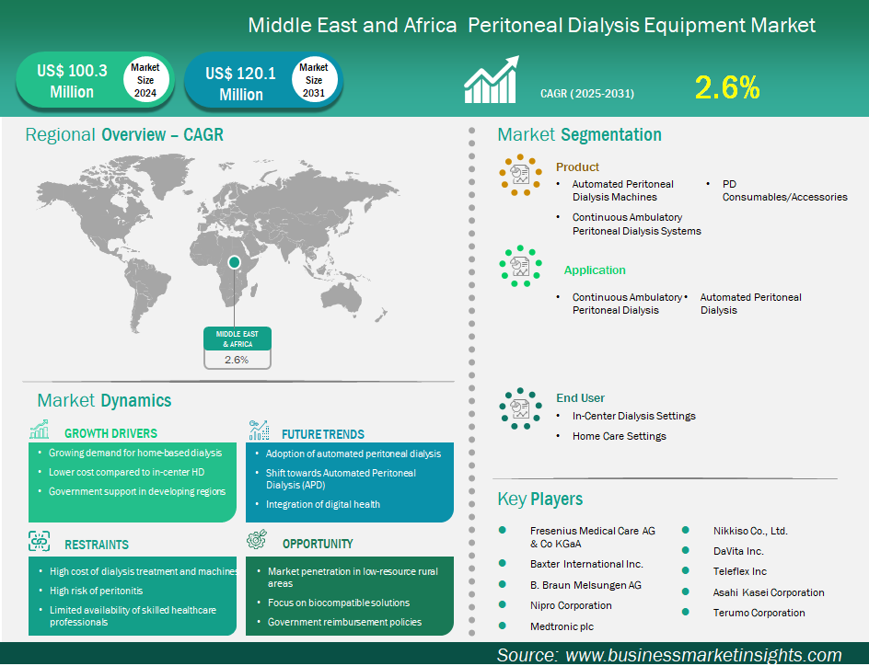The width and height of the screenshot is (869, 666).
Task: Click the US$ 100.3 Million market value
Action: tap(72, 81)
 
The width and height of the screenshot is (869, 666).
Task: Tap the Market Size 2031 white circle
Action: tap(314, 80)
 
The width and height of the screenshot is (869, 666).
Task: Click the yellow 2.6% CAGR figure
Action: tap(726, 87)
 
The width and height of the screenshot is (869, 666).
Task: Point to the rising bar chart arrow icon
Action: tap(492, 79)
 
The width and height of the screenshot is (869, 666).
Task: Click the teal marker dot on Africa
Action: tap(235, 262)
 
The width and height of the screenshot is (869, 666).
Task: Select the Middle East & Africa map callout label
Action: tap(238, 339)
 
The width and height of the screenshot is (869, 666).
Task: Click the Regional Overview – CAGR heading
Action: tap(124, 134)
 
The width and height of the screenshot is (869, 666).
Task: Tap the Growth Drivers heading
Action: tap(110, 433)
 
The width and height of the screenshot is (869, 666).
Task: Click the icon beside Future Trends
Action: tap(259, 431)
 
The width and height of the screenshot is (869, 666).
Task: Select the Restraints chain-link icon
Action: tap(40, 541)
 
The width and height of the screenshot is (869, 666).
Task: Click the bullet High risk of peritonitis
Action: tap(97, 591)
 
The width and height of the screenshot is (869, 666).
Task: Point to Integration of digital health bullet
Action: tap(322, 504)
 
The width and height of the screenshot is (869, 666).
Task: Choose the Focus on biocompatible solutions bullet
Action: tap(339, 603)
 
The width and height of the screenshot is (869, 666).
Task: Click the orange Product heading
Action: tap(577, 166)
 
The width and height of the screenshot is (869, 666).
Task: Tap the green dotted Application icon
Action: tap(520, 266)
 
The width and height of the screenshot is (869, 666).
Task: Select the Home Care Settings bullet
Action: tap(619, 436)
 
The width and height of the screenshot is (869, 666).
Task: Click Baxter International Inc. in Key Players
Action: tap(586, 564)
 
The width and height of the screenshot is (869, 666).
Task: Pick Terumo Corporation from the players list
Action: tap(759, 613)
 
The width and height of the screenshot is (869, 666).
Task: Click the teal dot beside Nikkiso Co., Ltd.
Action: tap(686, 530)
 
